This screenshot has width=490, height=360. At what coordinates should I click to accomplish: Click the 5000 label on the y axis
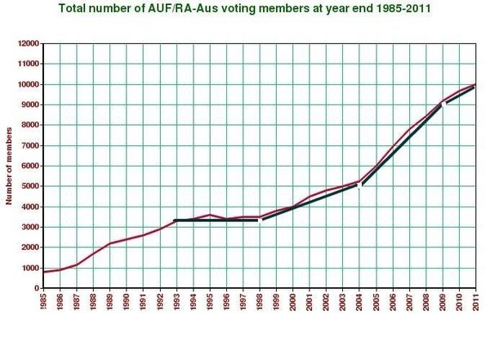[30, 186]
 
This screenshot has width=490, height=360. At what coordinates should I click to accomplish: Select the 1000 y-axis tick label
[30, 268]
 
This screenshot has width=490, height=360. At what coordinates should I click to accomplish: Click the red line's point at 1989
[109, 243]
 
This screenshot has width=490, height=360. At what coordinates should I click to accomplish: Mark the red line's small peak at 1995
[210, 215]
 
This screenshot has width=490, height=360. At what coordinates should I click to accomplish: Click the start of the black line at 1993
[176, 220]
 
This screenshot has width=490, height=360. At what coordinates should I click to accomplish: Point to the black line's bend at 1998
[260, 220]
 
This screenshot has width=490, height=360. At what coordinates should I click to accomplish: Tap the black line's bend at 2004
[359, 186]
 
